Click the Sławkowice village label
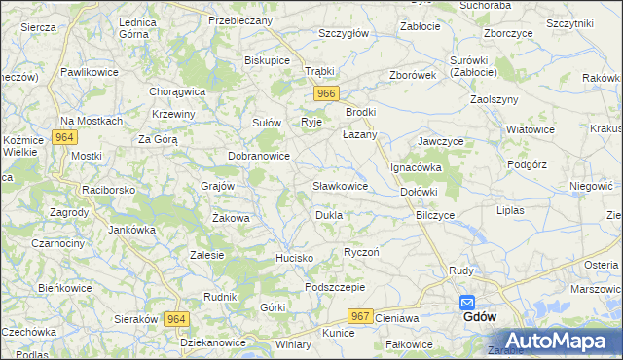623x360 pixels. click(340, 185)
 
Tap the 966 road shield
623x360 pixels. click(326, 93)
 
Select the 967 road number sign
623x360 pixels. click(360, 316)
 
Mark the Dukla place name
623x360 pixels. click(328, 214)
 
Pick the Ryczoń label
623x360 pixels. click(361, 252)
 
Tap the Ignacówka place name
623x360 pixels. click(417, 167)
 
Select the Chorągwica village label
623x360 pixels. click(176, 91)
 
